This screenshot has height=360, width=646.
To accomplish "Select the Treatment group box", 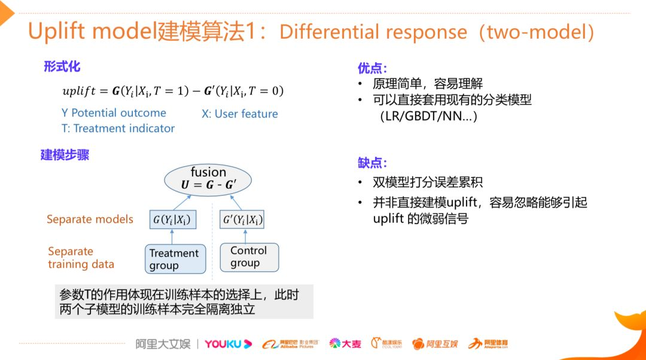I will coord(175,259).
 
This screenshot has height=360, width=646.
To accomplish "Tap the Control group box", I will coord(249,257).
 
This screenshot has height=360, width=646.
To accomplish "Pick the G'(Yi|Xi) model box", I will coord(242,219).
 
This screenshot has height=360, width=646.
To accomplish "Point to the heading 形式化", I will coord(62,66).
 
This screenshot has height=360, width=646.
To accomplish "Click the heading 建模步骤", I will coord(65,155).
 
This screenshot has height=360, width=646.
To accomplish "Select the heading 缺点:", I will coord(372,163).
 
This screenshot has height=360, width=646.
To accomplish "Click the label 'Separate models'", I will coord(90,219).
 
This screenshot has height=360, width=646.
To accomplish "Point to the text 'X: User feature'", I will coord(239,114).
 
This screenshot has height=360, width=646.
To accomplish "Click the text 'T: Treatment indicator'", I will coord(118,129).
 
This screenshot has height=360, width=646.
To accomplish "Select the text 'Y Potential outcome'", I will coord(114,113).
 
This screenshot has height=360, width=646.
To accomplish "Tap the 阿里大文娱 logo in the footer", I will coord(162,344).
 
